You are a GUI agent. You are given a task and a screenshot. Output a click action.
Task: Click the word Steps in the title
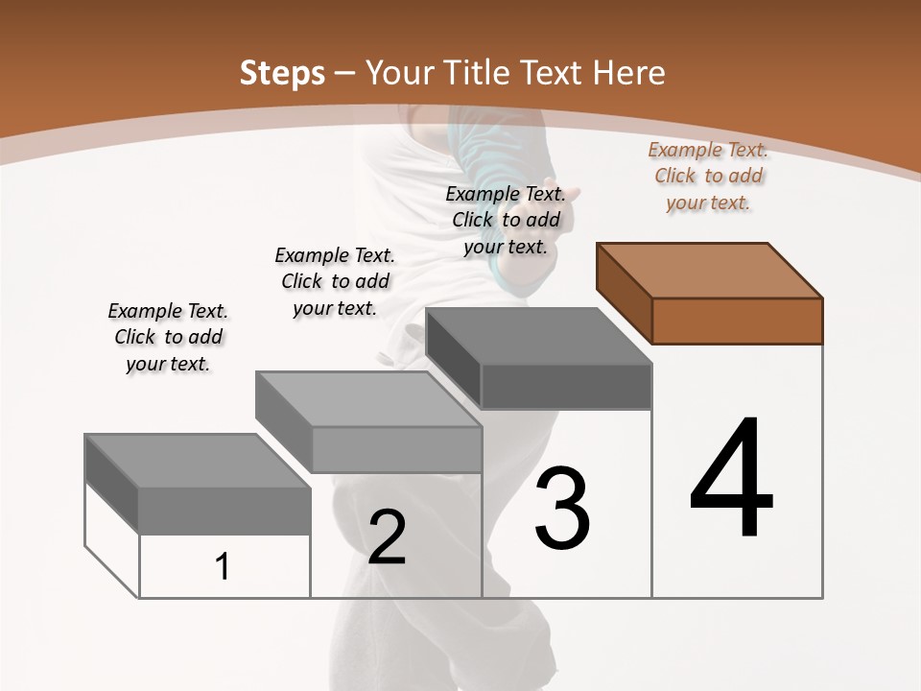282,73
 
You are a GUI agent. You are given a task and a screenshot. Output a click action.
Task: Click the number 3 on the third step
562,509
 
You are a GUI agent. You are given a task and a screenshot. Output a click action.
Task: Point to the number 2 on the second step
388,537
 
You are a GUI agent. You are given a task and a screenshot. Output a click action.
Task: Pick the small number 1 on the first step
223,567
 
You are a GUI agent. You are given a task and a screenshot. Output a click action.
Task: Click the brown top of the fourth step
710,271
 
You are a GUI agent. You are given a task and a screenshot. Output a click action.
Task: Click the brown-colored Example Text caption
708,177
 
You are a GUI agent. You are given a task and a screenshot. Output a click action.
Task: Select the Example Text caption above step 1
168,337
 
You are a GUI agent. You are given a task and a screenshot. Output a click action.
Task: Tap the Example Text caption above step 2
335,281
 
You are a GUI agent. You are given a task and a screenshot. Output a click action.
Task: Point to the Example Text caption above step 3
506,220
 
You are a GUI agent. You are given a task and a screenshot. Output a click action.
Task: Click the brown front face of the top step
737,321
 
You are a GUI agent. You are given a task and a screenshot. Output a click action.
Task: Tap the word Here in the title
629,73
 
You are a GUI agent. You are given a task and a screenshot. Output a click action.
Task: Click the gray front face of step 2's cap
397,449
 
